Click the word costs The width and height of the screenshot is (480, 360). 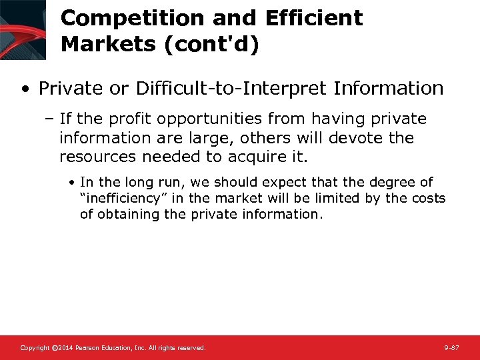pos(429,198)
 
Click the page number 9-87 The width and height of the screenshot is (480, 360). pos(451,348)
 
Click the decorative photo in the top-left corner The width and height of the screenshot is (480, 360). pos(23,29)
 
